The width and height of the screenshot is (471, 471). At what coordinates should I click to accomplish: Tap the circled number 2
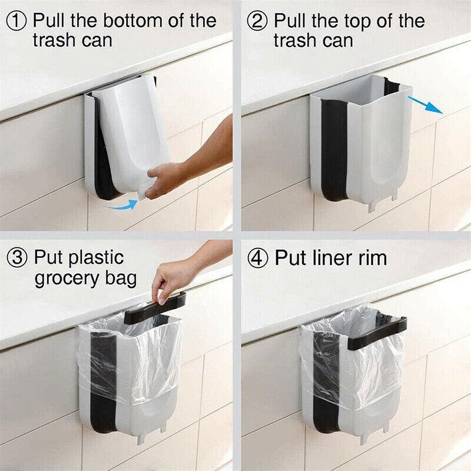pyautogui.click(x=257, y=21)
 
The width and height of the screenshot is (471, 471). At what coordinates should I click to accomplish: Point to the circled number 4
pyautogui.click(x=257, y=257)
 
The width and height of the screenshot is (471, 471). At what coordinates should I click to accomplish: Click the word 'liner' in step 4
pyautogui.click(x=330, y=257)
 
